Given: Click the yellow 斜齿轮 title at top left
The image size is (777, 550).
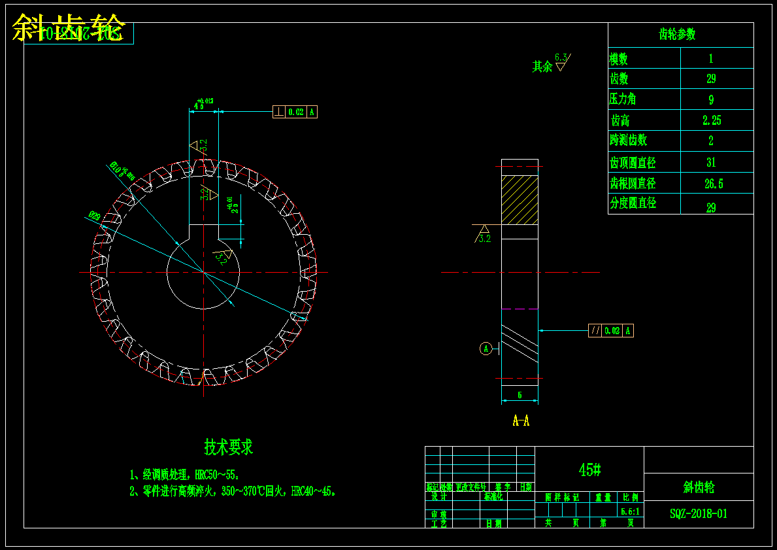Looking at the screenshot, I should [x=69, y=28].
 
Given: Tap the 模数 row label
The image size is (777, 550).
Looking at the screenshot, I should [x=619, y=59].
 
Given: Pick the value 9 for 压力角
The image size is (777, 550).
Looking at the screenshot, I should [x=711, y=100].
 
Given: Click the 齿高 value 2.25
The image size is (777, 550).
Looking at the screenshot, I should [x=712, y=120].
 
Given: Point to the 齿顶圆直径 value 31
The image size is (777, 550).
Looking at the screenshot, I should [x=711, y=162].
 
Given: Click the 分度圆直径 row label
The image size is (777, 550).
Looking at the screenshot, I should [x=633, y=203].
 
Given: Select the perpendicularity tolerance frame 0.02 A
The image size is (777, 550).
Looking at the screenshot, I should [x=295, y=112].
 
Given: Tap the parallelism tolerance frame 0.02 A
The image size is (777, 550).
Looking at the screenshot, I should [x=611, y=330].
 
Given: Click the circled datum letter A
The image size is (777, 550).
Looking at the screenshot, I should [x=486, y=349].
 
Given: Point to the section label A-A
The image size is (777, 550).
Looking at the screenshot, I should [x=521, y=421].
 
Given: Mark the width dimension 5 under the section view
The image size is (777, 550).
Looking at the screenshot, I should [x=520, y=395].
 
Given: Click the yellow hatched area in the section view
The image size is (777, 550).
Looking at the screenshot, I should [x=520, y=199].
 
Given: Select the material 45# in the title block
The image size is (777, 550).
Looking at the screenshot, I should [x=589, y=470].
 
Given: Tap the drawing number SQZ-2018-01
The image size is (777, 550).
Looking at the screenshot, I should [x=699, y=514].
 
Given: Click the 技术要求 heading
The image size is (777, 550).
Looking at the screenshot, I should [x=228, y=447].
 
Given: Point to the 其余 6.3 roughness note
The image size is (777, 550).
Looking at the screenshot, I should [x=550, y=64].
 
